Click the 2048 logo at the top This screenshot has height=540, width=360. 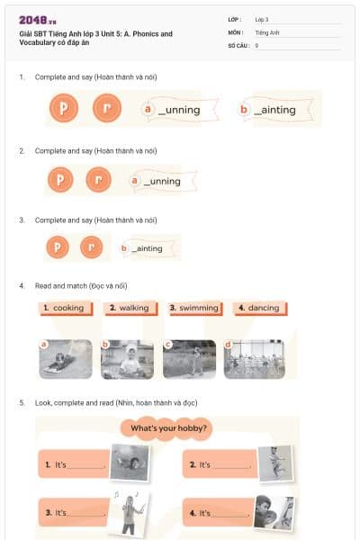pos(38,19)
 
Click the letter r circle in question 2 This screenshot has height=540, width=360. pos(98,180)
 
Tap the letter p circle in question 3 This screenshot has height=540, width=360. pos(58,247)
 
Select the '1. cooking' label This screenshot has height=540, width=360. pos(64,308)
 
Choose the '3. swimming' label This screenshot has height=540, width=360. pos(195,308)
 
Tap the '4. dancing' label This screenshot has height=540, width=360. pos(259,308)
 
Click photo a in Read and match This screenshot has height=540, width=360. pos(66,358)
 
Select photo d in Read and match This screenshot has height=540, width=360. pos(254,358)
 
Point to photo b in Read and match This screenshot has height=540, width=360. pos(127,358)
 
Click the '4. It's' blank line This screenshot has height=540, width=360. pos(232,515)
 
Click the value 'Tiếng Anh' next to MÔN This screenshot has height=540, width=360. pos(268,31)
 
